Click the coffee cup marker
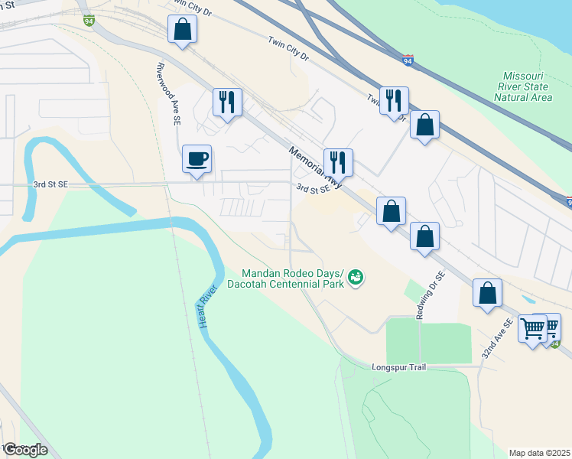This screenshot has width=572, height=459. click(x=197, y=158)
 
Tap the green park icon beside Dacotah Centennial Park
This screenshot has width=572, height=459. click(x=355, y=279)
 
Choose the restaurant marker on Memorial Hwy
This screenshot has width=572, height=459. click(x=337, y=161)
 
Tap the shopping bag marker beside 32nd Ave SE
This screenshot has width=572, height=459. click(x=487, y=292)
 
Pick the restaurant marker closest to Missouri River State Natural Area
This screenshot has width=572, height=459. click(x=394, y=99)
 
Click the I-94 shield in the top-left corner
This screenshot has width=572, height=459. click(x=89, y=20)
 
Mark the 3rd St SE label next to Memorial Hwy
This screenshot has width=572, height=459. click(x=313, y=188)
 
